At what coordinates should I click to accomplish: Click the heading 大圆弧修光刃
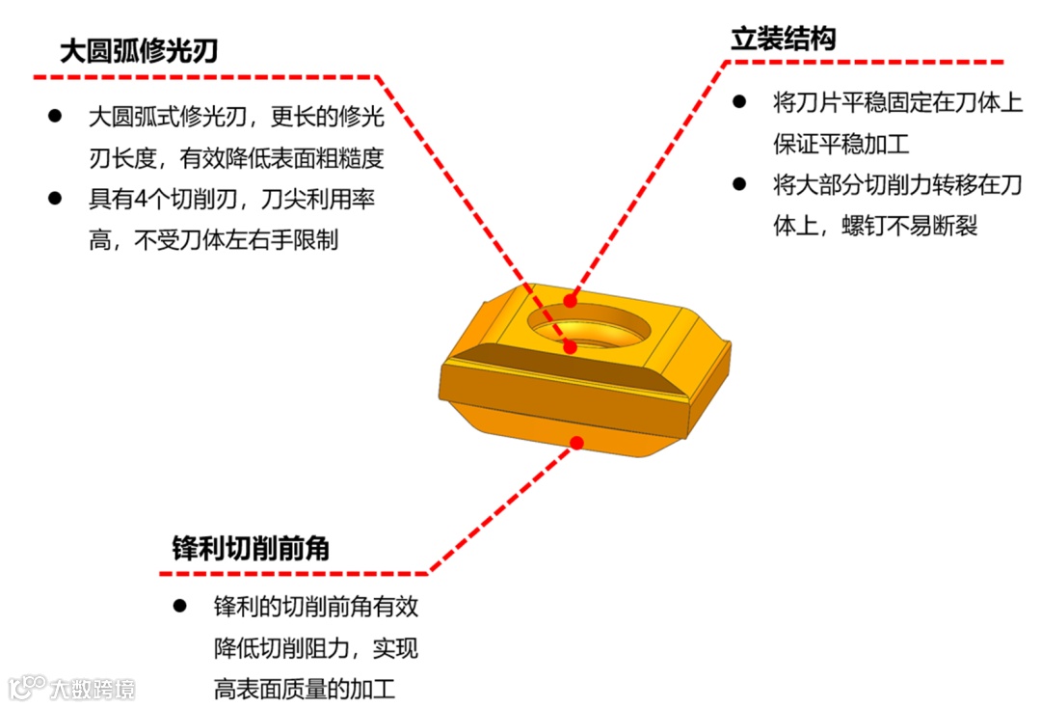pyautogui.click(x=139, y=51)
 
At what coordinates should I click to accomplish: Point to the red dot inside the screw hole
pyautogui.click(x=571, y=345)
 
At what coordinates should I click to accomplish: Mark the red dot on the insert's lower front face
pyautogui.click(x=577, y=443)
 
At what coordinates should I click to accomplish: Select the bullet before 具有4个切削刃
pyautogui.click(x=56, y=199)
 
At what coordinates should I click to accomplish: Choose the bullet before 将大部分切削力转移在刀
pyautogui.click(x=739, y=183)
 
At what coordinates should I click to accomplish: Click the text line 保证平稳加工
pyautogui.click(x=841, y=144)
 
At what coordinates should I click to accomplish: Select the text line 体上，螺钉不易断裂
pyautogui.click(x=875, y=226)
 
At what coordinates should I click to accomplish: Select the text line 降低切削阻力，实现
pyautogui.click(x=315, y=648)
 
